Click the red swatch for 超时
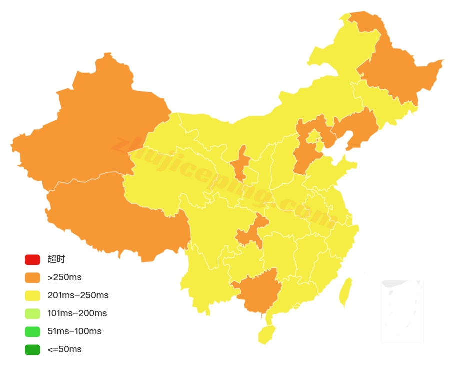[x=32, y=260]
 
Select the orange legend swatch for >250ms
[x=32, y=278]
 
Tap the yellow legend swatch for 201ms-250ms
[x=32, y=296]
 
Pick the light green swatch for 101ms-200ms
[x=32, y=314]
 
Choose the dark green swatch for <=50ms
[x=32, y=350]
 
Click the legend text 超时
[x=56, y=260]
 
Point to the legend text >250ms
[x=64, y=278]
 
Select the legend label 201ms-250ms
[x=78, y=296]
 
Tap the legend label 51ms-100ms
[x=74, y=332]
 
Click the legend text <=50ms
[x=64, y=350]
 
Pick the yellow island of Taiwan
[x=345, y=292]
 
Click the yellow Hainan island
[x=267, y=334]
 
